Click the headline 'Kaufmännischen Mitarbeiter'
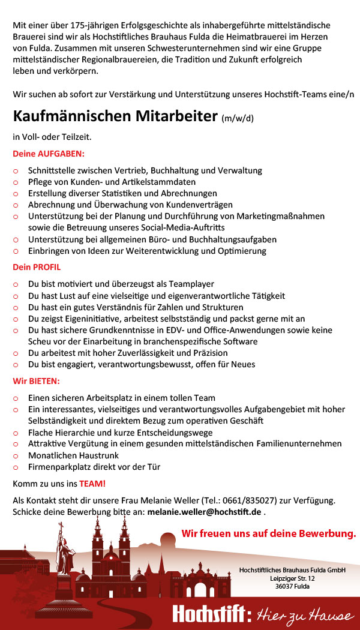[x=115, y=115]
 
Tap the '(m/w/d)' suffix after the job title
[x=238, y=118]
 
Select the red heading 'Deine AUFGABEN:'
[x=49, y=154]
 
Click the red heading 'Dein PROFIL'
[x=37, y=267]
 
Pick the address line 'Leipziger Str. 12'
[x=292, y=578]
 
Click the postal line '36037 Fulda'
[x=292, y=586]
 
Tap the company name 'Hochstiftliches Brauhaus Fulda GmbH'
[x=292, y=570]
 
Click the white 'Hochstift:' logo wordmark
[x=212, y=614]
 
